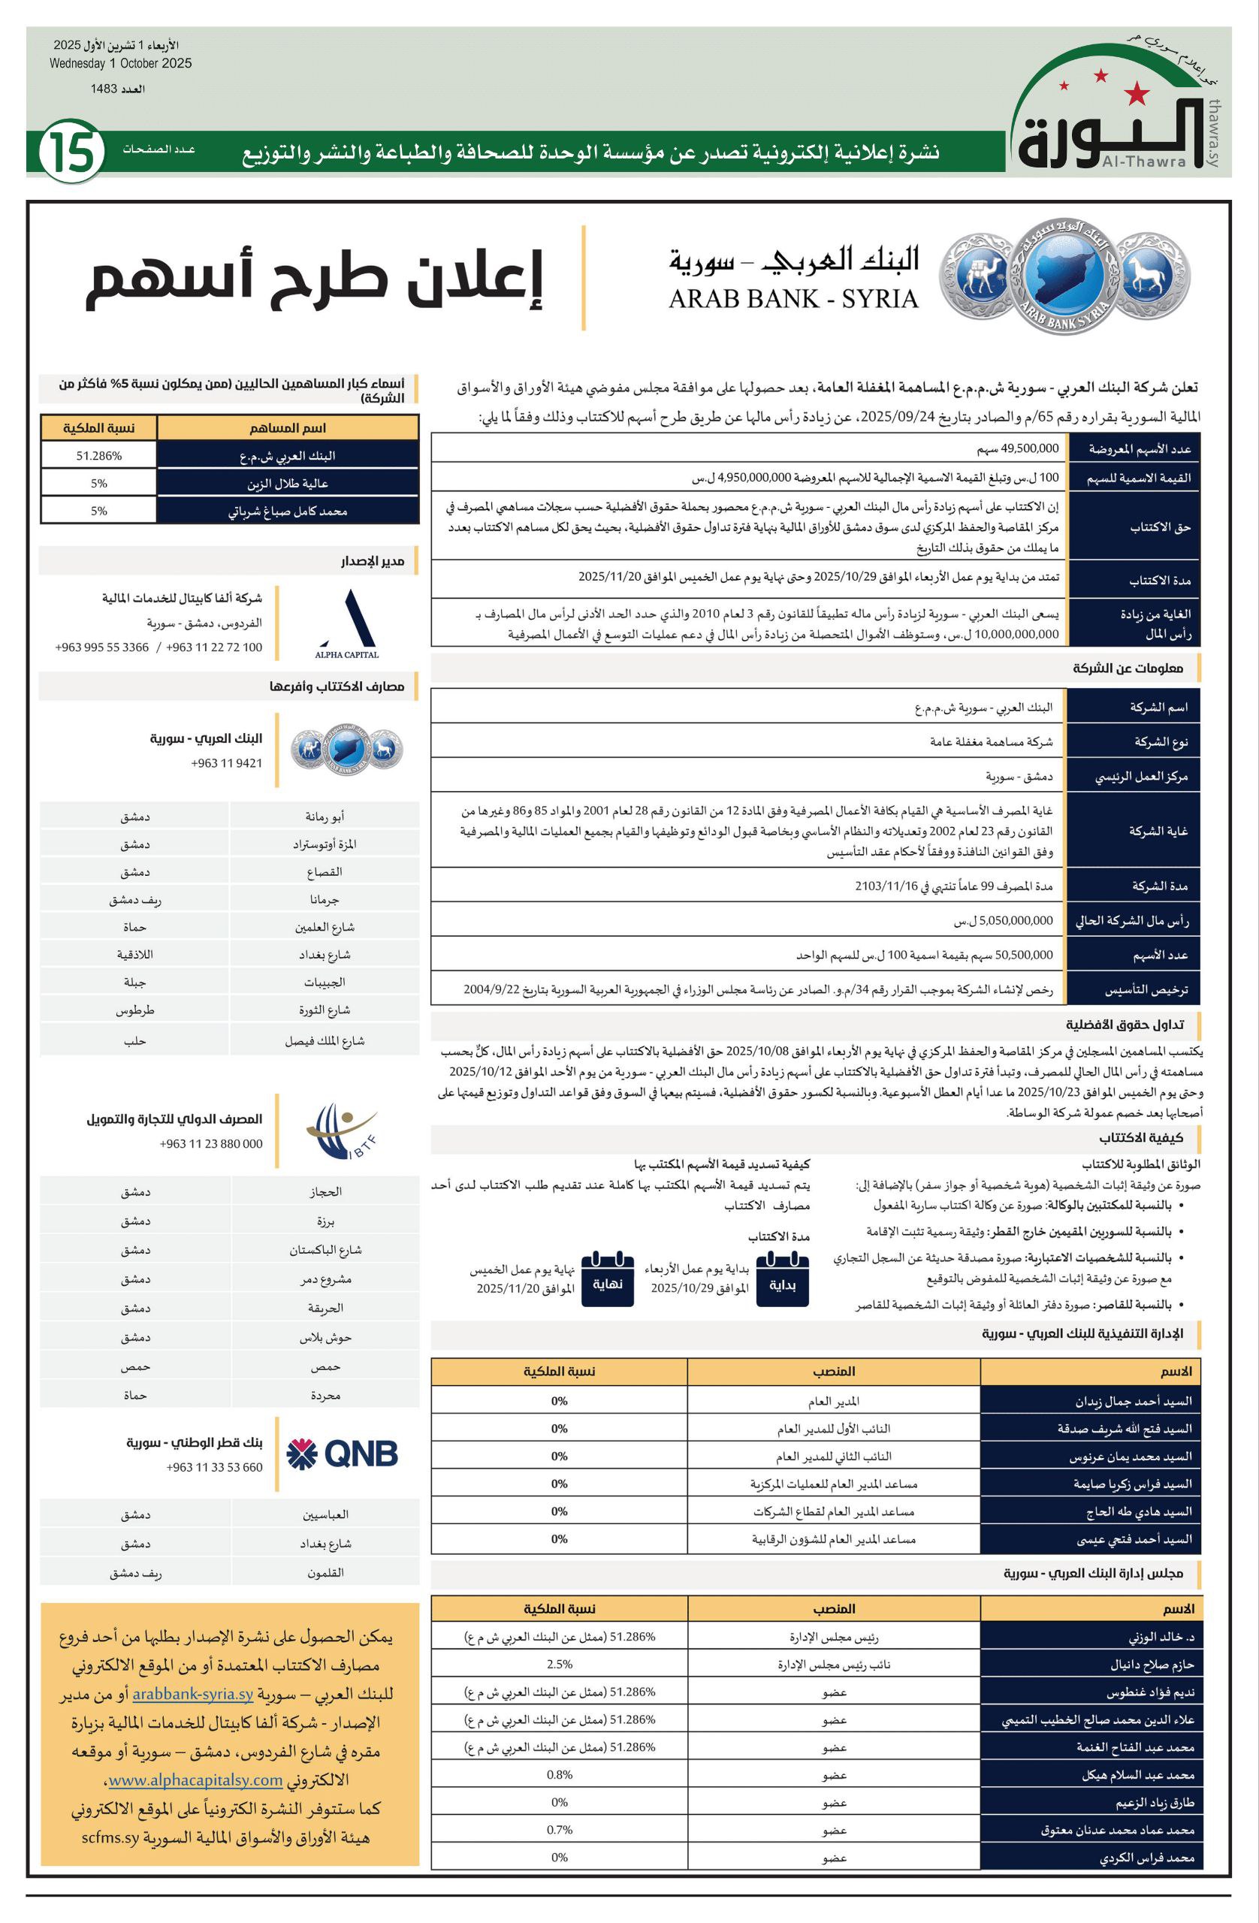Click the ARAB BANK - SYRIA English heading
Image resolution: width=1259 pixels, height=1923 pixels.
pos(793,300)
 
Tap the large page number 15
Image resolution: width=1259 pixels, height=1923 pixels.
pos(71,151)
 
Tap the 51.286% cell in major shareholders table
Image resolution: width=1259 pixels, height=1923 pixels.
pos(98,456)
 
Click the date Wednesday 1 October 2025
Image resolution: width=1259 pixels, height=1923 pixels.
pos(120,64)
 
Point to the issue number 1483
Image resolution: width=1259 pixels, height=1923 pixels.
pos(118,89)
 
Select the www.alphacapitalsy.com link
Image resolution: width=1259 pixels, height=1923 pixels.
pos(195,1780)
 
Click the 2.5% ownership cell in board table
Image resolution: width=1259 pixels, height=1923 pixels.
pos(559,1665)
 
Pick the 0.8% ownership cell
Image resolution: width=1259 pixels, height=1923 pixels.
pos(559,1775)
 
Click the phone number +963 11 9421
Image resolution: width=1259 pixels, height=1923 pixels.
pos(226,762)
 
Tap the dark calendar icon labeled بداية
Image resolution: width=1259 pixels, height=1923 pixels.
pos(781,1279)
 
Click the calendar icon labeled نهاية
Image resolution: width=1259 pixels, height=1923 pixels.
pos(607,1279)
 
